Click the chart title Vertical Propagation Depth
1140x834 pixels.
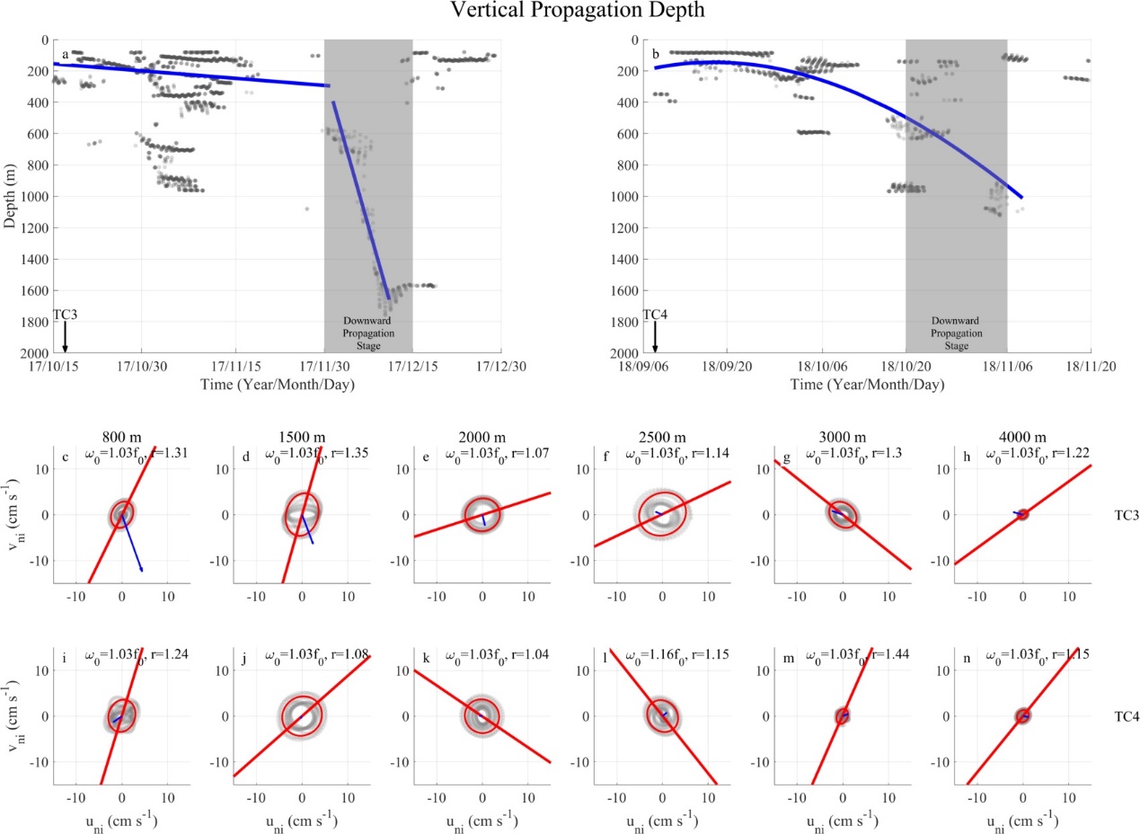point(570,13)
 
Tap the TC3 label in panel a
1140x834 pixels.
point(65,315)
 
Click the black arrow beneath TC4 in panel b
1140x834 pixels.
point(655,337)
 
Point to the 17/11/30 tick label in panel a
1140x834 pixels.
point(325,367)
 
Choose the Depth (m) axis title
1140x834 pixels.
point(11,197)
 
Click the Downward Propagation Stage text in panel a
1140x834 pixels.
point(368,333)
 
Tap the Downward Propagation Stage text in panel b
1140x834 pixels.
point(957,333)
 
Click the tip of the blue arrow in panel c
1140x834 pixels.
point(142,571)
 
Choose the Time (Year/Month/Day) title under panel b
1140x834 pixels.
point(868,385)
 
